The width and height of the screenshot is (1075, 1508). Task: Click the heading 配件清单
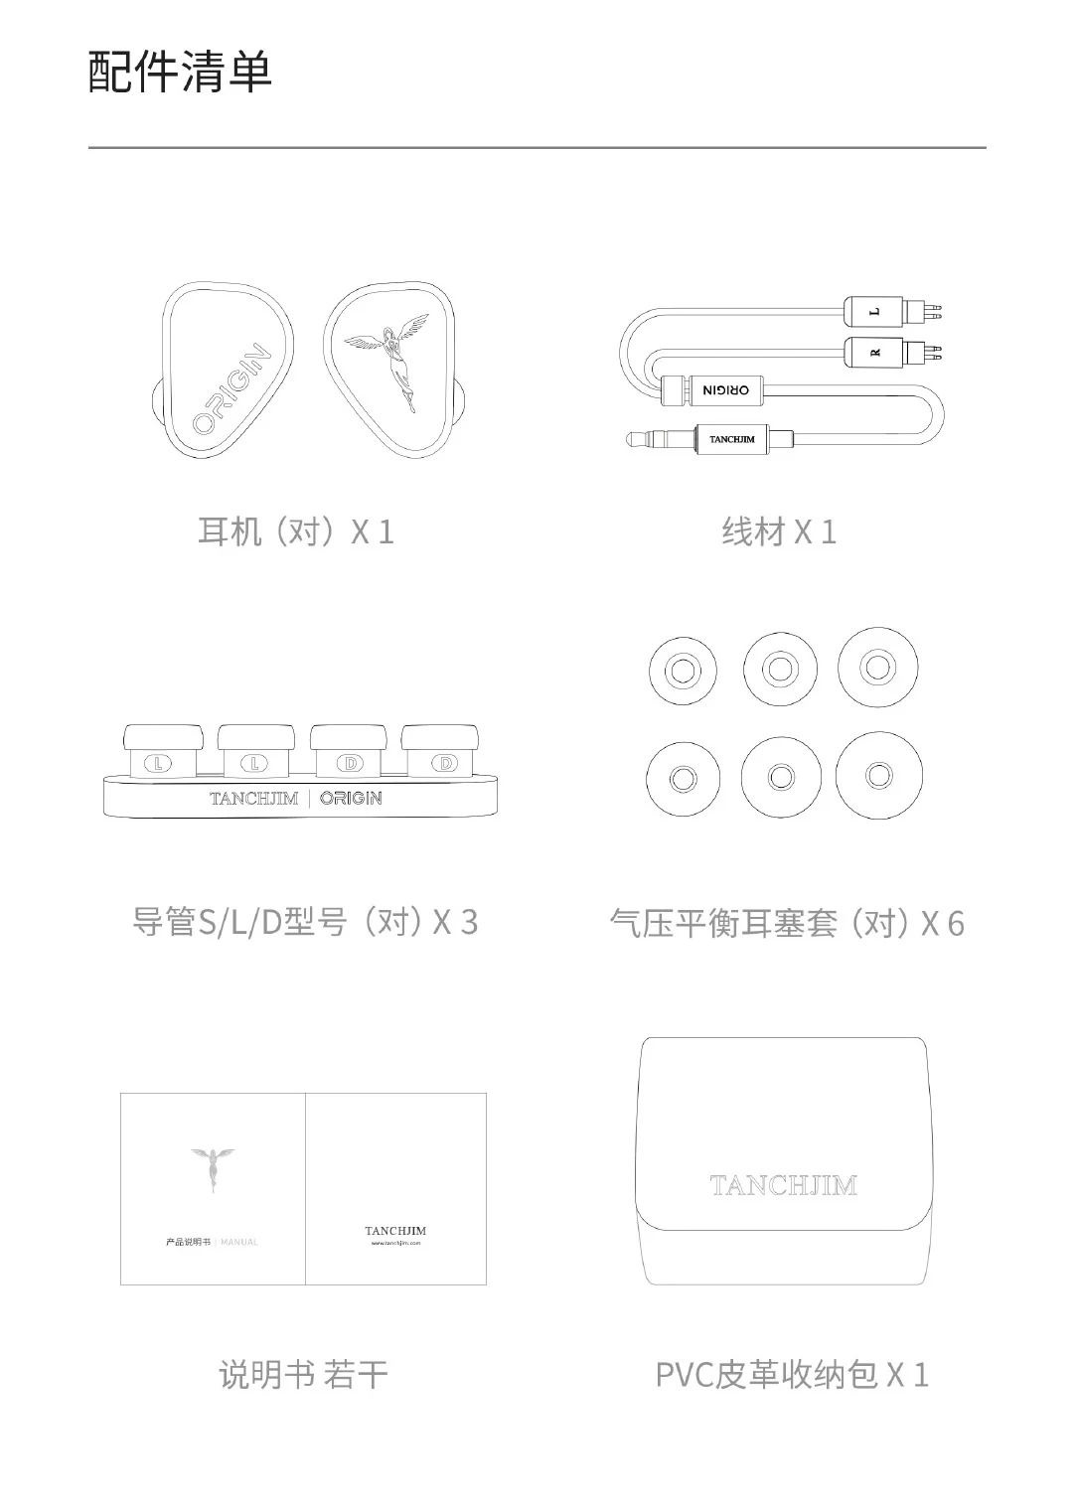tap(180, 72)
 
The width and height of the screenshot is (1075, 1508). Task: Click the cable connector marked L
tap(875, 312)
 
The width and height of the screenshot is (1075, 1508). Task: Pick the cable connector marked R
tap(875, 352)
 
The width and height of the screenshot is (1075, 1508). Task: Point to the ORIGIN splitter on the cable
tap(725, 390)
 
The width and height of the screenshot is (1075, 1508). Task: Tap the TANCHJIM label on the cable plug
tap(731, 438)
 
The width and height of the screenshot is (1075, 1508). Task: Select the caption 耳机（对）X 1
tap(296, 531)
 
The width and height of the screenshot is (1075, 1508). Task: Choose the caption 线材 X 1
tap(779, 531)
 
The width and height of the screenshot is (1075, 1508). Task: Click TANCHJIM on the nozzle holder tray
tap(253, 798)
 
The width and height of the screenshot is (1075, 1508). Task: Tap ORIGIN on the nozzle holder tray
tap(351, 798)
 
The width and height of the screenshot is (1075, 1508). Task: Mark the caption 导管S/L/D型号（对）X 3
tap(305, 922)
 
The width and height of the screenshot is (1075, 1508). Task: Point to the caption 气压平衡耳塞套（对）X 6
tap(786, 923)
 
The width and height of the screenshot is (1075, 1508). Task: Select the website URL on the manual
tap(395, 1243)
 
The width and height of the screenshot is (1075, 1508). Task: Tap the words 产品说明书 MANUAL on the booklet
tap(212, 1242)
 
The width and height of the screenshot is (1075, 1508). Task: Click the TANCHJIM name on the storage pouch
tap(783, 1185)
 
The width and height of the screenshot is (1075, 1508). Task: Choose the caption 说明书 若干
tap(303, 1375)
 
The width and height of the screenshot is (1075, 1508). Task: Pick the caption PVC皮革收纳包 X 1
tap(792, 1375)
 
